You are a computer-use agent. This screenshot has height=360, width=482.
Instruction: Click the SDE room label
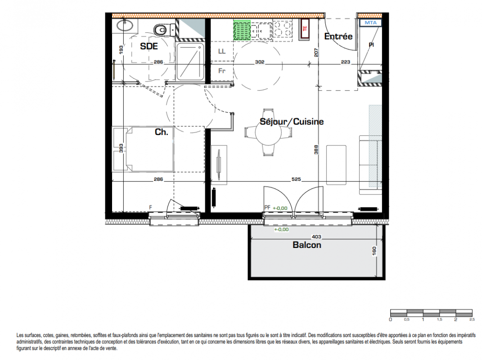click(149, 46)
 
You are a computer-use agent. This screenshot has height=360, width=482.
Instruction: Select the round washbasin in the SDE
click(125, 25)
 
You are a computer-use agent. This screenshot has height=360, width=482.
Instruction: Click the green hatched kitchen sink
click(242, 30)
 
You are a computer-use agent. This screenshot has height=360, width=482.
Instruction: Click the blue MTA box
click(370, 23)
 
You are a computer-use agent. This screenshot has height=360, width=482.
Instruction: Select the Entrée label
click(338, 36)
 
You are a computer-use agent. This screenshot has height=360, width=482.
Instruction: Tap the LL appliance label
click(221, 51)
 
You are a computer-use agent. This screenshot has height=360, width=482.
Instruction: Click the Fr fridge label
click(221, 71)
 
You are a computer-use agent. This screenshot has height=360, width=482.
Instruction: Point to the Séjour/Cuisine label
click(292, 122)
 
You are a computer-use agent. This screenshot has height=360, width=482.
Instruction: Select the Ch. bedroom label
click(162, 132)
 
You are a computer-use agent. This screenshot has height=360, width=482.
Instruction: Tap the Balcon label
click(307, 245)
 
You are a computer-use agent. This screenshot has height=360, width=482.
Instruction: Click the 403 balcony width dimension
click(316, 237)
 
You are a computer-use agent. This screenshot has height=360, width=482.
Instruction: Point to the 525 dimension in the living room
click(296, 179)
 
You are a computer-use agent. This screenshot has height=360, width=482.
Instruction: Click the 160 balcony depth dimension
click(374, 251)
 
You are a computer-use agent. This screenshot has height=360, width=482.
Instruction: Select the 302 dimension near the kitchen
click(260, 62)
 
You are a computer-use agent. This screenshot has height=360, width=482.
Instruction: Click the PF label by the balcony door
click(267, 208)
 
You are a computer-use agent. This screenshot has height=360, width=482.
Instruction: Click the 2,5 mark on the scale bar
click(472, 320)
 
